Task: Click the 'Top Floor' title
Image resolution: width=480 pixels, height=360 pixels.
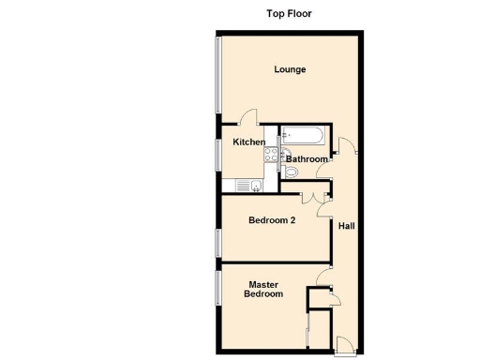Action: (x=290, y=14)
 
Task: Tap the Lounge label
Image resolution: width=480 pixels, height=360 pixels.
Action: (x=290, y=69)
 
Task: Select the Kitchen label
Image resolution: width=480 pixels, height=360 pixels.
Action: (x=248, y=142)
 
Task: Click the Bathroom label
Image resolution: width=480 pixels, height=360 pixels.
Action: (x=307, y=159)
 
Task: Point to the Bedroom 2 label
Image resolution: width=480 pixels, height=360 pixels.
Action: (x=272, y=221)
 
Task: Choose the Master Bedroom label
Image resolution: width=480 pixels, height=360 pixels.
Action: (x=263, y=289)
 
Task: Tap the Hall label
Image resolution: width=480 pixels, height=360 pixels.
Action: (x=347, y=226)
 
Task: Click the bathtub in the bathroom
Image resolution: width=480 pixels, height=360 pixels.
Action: (x=303, y=138)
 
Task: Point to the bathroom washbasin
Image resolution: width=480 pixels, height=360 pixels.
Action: (x=287, y=155)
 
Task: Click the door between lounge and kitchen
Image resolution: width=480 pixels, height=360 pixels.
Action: (x=249, y=118)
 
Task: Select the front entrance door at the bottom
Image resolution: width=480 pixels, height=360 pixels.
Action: (x=345, y=346)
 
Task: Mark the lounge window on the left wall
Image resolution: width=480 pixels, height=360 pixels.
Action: (x=218, y=79)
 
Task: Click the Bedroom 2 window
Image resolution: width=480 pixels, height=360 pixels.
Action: (x=218, y=243)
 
